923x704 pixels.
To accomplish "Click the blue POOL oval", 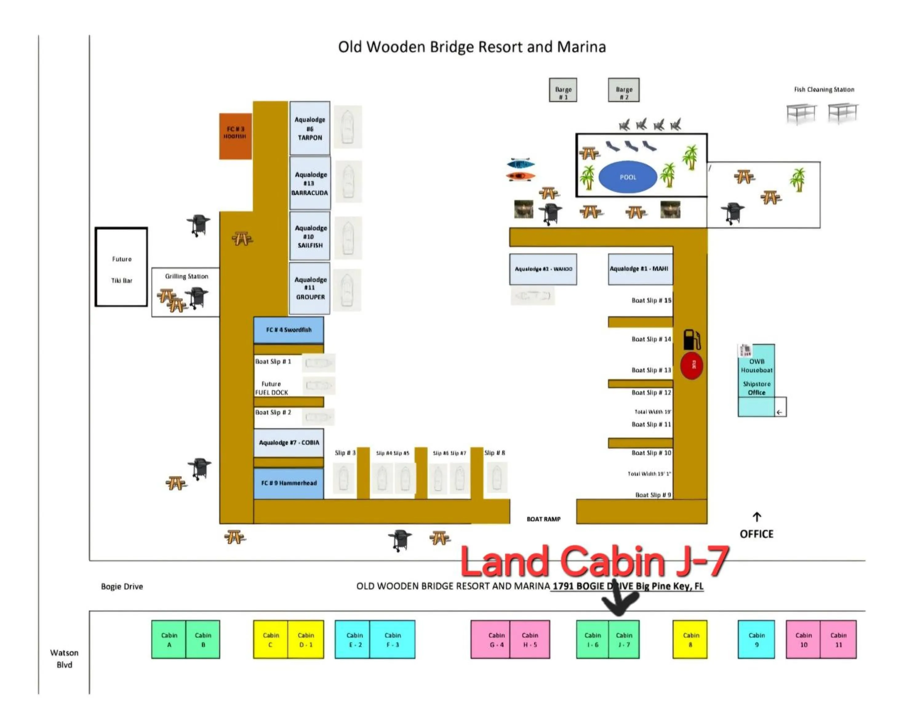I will point(627,177).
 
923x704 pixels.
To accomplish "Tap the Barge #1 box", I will point(563,90).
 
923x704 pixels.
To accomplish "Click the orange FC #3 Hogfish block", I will point(235,136).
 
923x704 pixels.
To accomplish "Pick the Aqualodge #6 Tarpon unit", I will point(310,128).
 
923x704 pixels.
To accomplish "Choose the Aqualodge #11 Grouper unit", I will point(310,288).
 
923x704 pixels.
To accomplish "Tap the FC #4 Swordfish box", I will point(288,330).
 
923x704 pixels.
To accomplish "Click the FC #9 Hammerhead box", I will point(288,483).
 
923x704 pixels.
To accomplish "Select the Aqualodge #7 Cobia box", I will point(288,442).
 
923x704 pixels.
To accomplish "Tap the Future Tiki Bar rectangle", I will point(122,267).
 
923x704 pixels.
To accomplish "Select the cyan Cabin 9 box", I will point(756,639).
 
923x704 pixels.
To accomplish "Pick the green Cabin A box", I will point(169,639).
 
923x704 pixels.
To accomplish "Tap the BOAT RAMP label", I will point(543,519).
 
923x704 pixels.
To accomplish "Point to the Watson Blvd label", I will point(64,658).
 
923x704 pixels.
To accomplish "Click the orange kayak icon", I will point(520,176).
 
